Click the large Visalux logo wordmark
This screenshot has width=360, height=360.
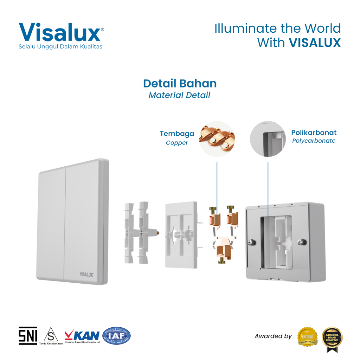pos(60,32)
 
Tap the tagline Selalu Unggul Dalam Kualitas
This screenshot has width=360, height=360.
pos(60,46)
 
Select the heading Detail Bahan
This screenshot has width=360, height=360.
pos(180,83)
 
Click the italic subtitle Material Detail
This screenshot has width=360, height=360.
pos(179,95)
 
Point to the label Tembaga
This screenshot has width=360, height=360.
pos(177,134)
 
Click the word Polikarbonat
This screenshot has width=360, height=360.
pos(314,133)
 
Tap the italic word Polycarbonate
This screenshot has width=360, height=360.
pos(314,141)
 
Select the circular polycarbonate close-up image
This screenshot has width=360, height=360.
pos(268,139)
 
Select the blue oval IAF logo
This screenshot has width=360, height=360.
pos(116,336)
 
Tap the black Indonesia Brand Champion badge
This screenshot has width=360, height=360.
pos(332,336)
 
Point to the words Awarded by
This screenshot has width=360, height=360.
pos(273,336)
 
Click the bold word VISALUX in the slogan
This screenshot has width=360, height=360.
pos(315,43)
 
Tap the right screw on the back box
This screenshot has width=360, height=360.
pos(301,242)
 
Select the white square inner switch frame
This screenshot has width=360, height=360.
pos(181,234)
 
